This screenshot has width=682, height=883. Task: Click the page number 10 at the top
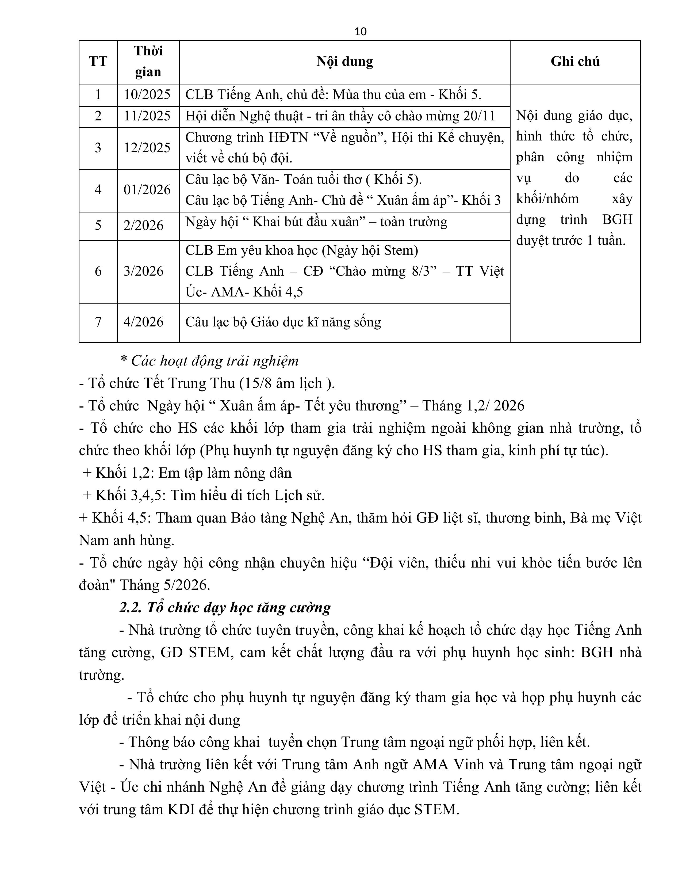click(x=361, y=32)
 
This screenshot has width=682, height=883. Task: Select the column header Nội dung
click(x=344, y=62)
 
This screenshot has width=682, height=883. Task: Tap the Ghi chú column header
click(x=575, y=62)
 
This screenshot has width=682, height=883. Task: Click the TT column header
click(x=98, y=62)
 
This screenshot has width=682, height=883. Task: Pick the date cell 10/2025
click(x=147, y=95)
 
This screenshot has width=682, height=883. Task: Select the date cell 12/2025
click(x=147, y=148)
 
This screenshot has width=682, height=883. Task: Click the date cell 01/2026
click(x=147, y=190)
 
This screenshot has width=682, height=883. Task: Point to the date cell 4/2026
click(x=144, y=322)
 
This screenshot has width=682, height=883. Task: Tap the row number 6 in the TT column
click(x=98, y=271)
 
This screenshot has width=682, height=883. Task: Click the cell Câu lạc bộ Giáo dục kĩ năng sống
click(x=283, y=322)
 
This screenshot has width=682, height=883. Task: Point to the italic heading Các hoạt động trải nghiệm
click(x=214, y=361)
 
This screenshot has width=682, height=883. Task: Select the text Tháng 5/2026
click(x=165, y=585)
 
